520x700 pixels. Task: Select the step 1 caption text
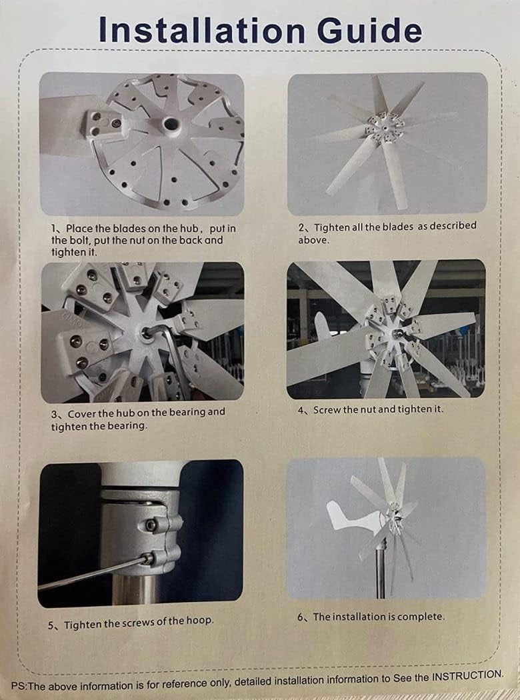143,240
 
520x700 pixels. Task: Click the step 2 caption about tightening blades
387,232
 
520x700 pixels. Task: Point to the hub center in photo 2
381,127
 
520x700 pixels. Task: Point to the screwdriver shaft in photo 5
87,575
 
